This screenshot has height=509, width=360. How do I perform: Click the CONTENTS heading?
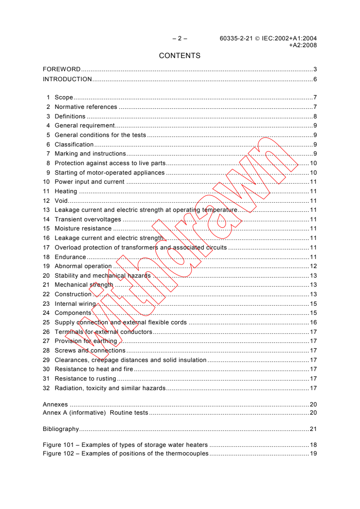click(x=180, y=56)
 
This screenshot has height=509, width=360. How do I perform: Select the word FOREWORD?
click(x=61, y=69)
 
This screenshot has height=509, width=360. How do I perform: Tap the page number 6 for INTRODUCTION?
click(x=315, y=79)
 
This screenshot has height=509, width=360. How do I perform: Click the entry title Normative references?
click(x=86, y=107)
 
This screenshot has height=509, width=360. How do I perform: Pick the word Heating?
click(x=66, y=191)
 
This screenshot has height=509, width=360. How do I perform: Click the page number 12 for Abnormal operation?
click(x=313, y=266)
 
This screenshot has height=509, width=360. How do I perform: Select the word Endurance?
click(x=70, y=257)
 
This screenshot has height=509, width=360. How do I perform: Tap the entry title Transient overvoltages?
click(x=88, y=220)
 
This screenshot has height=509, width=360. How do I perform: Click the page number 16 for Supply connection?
click(x=313, y=323)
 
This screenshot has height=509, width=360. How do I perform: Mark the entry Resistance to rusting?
click(x=85, y=379)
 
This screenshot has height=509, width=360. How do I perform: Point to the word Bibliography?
click(x=61, y=429)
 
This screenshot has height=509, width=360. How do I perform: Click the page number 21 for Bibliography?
click(x=313, y=429)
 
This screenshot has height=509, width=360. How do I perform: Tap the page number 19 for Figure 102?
click(x=313, y=454)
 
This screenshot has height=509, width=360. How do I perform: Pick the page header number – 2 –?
click(x=180, y=39)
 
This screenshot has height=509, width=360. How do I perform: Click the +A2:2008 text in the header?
click(x=303, y=45)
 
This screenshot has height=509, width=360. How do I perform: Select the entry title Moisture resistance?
click(x=83, y=229)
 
